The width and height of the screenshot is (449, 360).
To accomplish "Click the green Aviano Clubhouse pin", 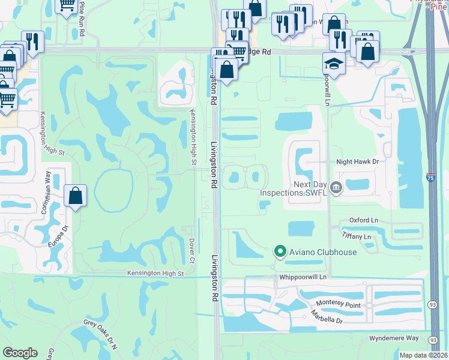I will click(279, 251).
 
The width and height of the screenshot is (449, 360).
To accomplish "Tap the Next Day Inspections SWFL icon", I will click(336, 188).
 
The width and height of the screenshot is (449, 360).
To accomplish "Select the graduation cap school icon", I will click(333, 62).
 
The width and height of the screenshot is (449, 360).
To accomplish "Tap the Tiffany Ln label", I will click(357, 237).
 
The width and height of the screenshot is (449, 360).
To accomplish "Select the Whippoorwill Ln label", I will click(303, 277).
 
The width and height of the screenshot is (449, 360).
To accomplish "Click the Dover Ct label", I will click(192, 251).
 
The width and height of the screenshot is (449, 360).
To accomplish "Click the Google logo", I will click(20, 353).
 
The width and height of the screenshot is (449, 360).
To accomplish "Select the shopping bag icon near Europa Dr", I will click(75, 196).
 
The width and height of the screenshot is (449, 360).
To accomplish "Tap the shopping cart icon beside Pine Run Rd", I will click(66, 5).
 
